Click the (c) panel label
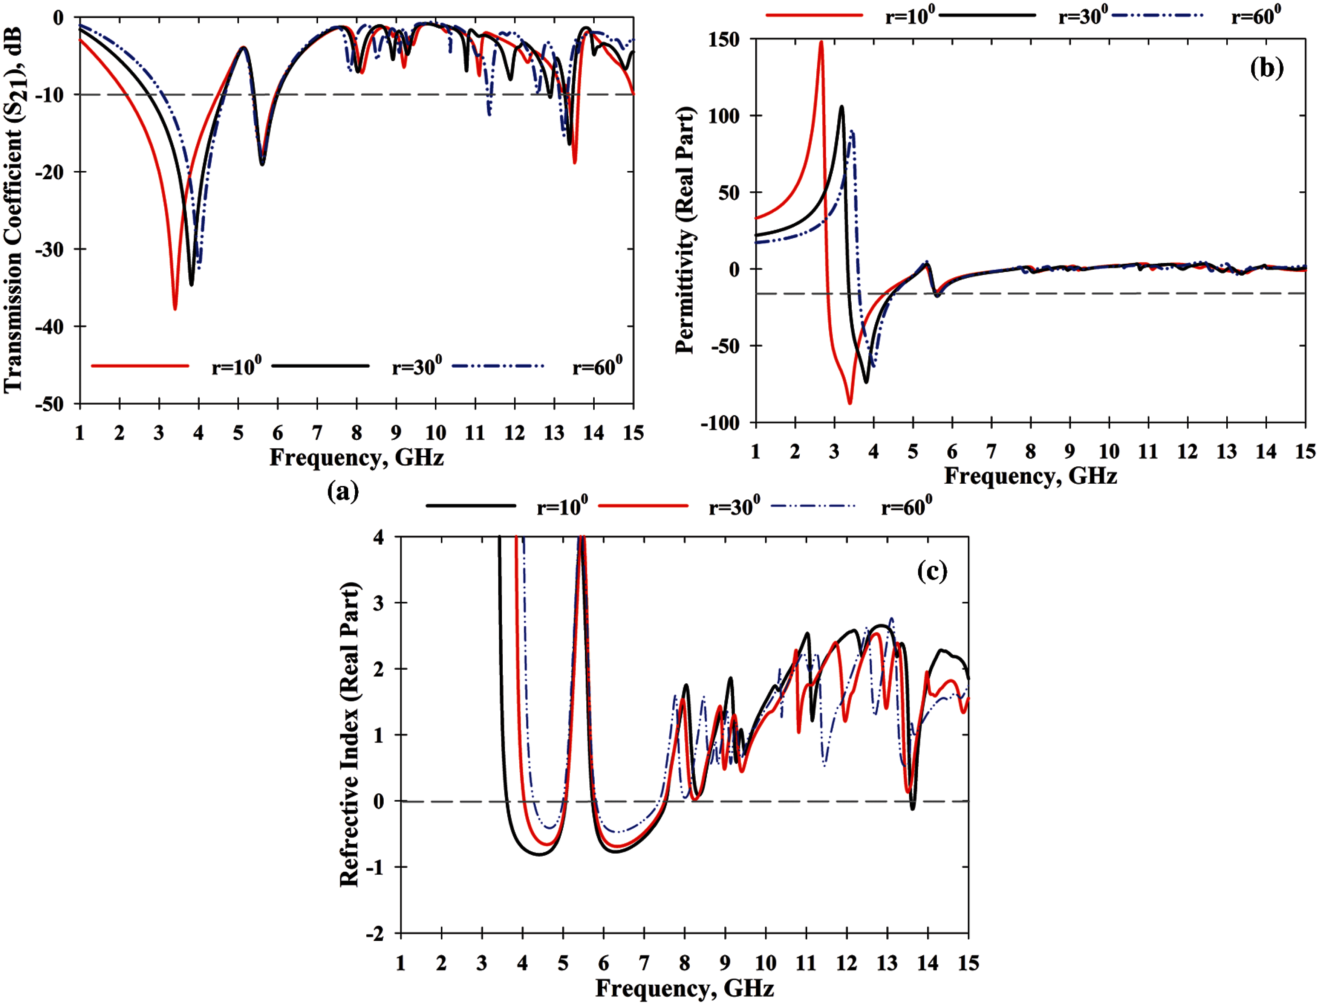(932, 572)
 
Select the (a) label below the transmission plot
(343, 491)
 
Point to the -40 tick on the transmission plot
(50, 327)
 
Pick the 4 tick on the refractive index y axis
(378, 537)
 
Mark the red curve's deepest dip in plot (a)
(175, 308)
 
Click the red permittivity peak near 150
(821, 42)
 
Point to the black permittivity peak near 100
(842, 107)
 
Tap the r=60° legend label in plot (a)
(597, 365)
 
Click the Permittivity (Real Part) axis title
(685, 230)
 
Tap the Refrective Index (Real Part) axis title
(349, 734)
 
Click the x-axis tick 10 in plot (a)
(435, 432)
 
